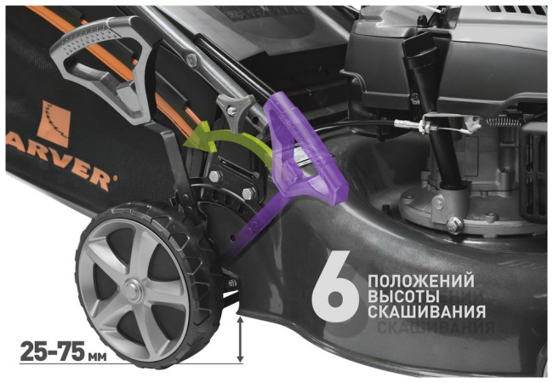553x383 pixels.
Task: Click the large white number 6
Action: [335, 286]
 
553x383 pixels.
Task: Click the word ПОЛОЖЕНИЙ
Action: [421, 282]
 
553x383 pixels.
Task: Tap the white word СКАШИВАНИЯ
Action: [427, 312]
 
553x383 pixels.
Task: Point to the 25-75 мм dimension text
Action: [63, 352]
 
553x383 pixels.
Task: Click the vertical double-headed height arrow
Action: [240, 340]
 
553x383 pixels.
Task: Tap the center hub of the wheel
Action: [133, 290]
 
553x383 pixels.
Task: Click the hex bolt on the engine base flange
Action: [454, 224]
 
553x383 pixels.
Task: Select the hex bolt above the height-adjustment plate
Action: [215, 176]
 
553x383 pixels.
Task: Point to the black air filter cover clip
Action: [419, 52]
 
